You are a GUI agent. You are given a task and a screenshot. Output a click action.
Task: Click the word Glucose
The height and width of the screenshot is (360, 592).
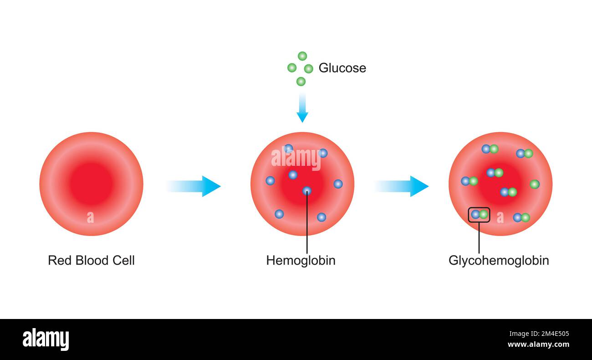click(342, 68)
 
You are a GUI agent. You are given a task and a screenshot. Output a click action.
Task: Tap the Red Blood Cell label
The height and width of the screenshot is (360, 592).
click(91, 261)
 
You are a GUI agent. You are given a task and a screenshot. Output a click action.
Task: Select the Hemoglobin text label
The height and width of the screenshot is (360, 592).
click(301, 261)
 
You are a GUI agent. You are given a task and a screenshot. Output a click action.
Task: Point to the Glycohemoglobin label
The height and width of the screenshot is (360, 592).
click(499, 261)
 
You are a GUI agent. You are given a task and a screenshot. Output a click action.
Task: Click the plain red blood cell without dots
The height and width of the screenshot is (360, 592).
click(91, 184)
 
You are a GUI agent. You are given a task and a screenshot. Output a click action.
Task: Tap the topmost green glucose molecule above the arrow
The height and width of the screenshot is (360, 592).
click(302, 56)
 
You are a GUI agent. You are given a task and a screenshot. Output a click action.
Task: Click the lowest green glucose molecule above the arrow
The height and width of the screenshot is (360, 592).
click(301, 82)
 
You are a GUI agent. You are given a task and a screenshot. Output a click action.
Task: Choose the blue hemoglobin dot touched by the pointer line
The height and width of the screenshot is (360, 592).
click(307, 190)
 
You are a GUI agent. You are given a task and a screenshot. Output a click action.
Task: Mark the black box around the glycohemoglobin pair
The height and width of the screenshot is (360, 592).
click(479, 214)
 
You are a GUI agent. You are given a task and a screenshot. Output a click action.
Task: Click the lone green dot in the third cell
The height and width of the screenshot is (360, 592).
click(535, 184)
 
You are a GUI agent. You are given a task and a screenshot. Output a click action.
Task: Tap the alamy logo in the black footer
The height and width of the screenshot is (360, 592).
click(46, 340)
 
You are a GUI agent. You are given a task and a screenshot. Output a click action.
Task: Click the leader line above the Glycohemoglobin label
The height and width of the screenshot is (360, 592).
click(479, 238)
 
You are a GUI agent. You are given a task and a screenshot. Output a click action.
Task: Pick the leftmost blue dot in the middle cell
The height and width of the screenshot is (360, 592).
click(270, 180)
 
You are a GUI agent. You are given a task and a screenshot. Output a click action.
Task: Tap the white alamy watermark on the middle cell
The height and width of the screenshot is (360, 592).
click(296, 159)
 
